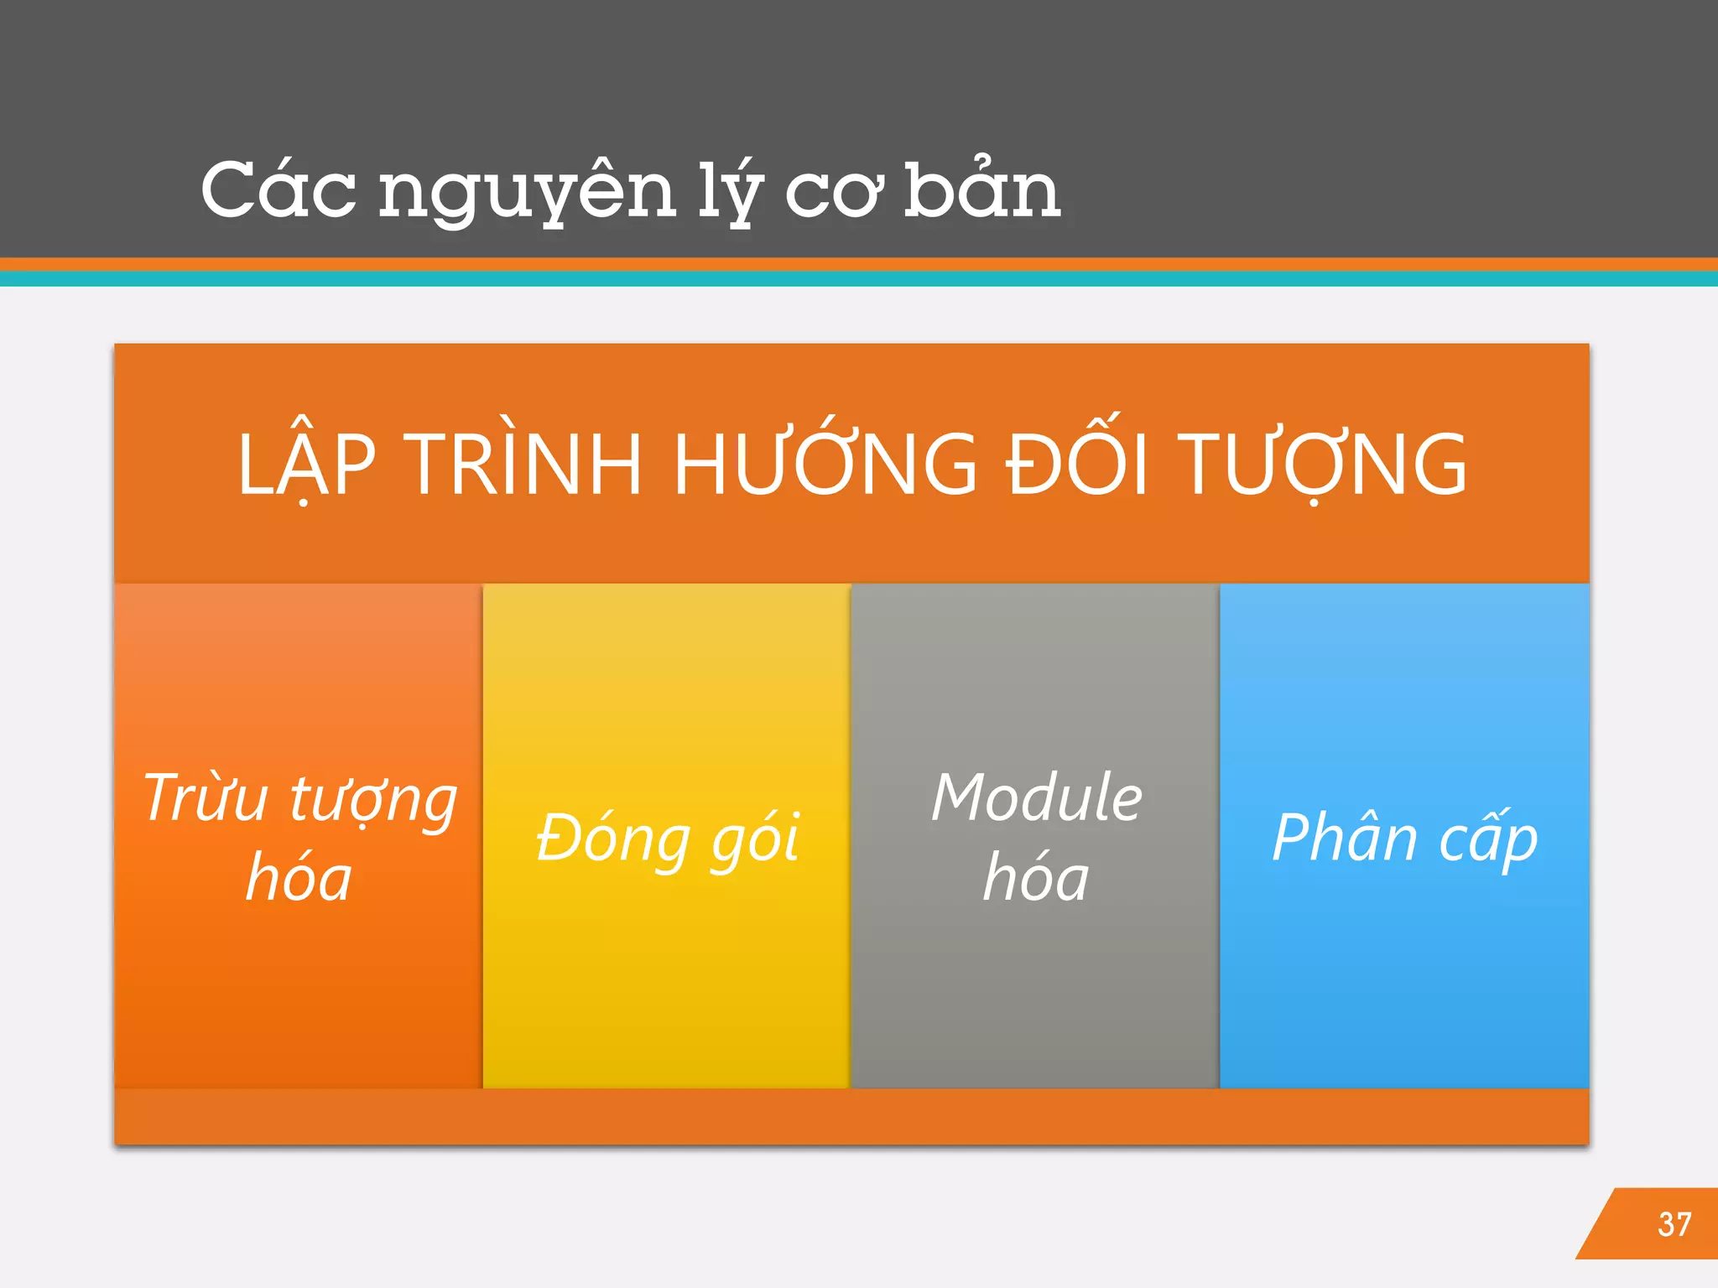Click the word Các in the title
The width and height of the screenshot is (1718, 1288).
point(278,191)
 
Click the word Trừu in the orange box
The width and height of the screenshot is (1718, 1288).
point(206,797)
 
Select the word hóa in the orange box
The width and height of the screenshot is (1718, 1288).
point(299,877)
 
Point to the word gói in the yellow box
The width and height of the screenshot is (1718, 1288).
point(756,839)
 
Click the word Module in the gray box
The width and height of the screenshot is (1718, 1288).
point(1037,797)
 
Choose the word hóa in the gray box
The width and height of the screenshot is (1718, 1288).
point(1036,877)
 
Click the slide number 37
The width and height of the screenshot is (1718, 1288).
point(1674,1224)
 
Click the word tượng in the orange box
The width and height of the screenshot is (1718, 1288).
point(373,801)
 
